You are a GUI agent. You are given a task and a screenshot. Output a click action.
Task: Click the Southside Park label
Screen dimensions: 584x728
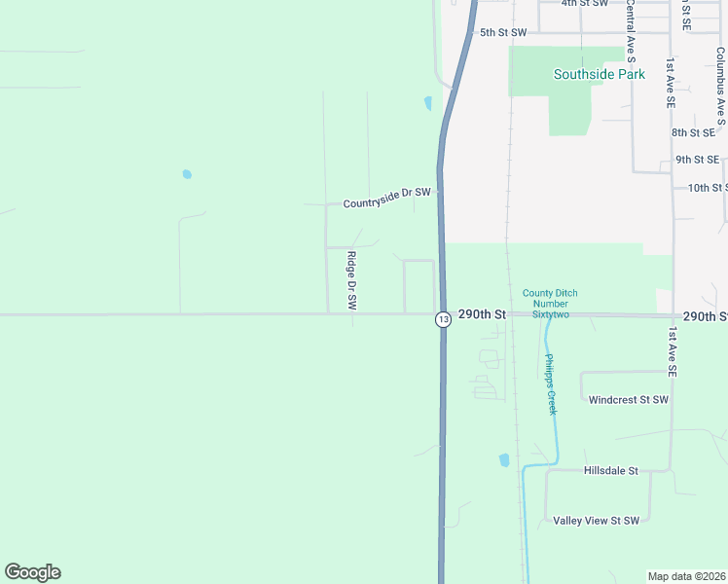point(592,74)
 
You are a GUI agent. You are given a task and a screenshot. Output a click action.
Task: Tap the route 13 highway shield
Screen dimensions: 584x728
point(443,319)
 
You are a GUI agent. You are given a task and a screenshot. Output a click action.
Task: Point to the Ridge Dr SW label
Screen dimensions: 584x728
point(352,281)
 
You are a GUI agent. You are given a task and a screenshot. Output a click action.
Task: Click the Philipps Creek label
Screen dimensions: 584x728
point(550,384)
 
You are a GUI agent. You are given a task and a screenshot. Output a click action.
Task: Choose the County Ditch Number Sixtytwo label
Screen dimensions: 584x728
point(545,304)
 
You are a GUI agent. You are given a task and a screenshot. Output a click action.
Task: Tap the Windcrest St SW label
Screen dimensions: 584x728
point(628,400)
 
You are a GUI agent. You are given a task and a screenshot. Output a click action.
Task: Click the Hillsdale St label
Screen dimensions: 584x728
point(610,471)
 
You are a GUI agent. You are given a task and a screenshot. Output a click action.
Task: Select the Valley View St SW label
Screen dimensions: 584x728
point(596,521)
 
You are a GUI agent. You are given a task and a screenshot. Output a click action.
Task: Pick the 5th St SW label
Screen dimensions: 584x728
point(502,32)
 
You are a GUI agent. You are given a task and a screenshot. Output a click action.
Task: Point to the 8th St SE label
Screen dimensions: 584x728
point(694,132)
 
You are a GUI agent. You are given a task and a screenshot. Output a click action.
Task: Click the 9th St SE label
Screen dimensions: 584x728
point(697,160)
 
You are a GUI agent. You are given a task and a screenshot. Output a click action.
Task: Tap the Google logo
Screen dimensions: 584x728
point(32,572)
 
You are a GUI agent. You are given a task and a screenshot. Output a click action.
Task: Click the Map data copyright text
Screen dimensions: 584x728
point(687,576)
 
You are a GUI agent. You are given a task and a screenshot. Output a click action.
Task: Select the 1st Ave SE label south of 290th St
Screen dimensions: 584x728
point(673,352)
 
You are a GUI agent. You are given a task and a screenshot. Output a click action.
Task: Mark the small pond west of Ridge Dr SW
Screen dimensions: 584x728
point(187,175)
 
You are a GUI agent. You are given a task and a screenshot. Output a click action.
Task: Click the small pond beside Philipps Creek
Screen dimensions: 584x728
point(503,459)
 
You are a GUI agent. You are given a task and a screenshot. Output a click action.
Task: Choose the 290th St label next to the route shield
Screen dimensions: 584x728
point(487,315)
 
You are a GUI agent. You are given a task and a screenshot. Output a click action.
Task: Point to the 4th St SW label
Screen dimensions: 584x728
point(584,4)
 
